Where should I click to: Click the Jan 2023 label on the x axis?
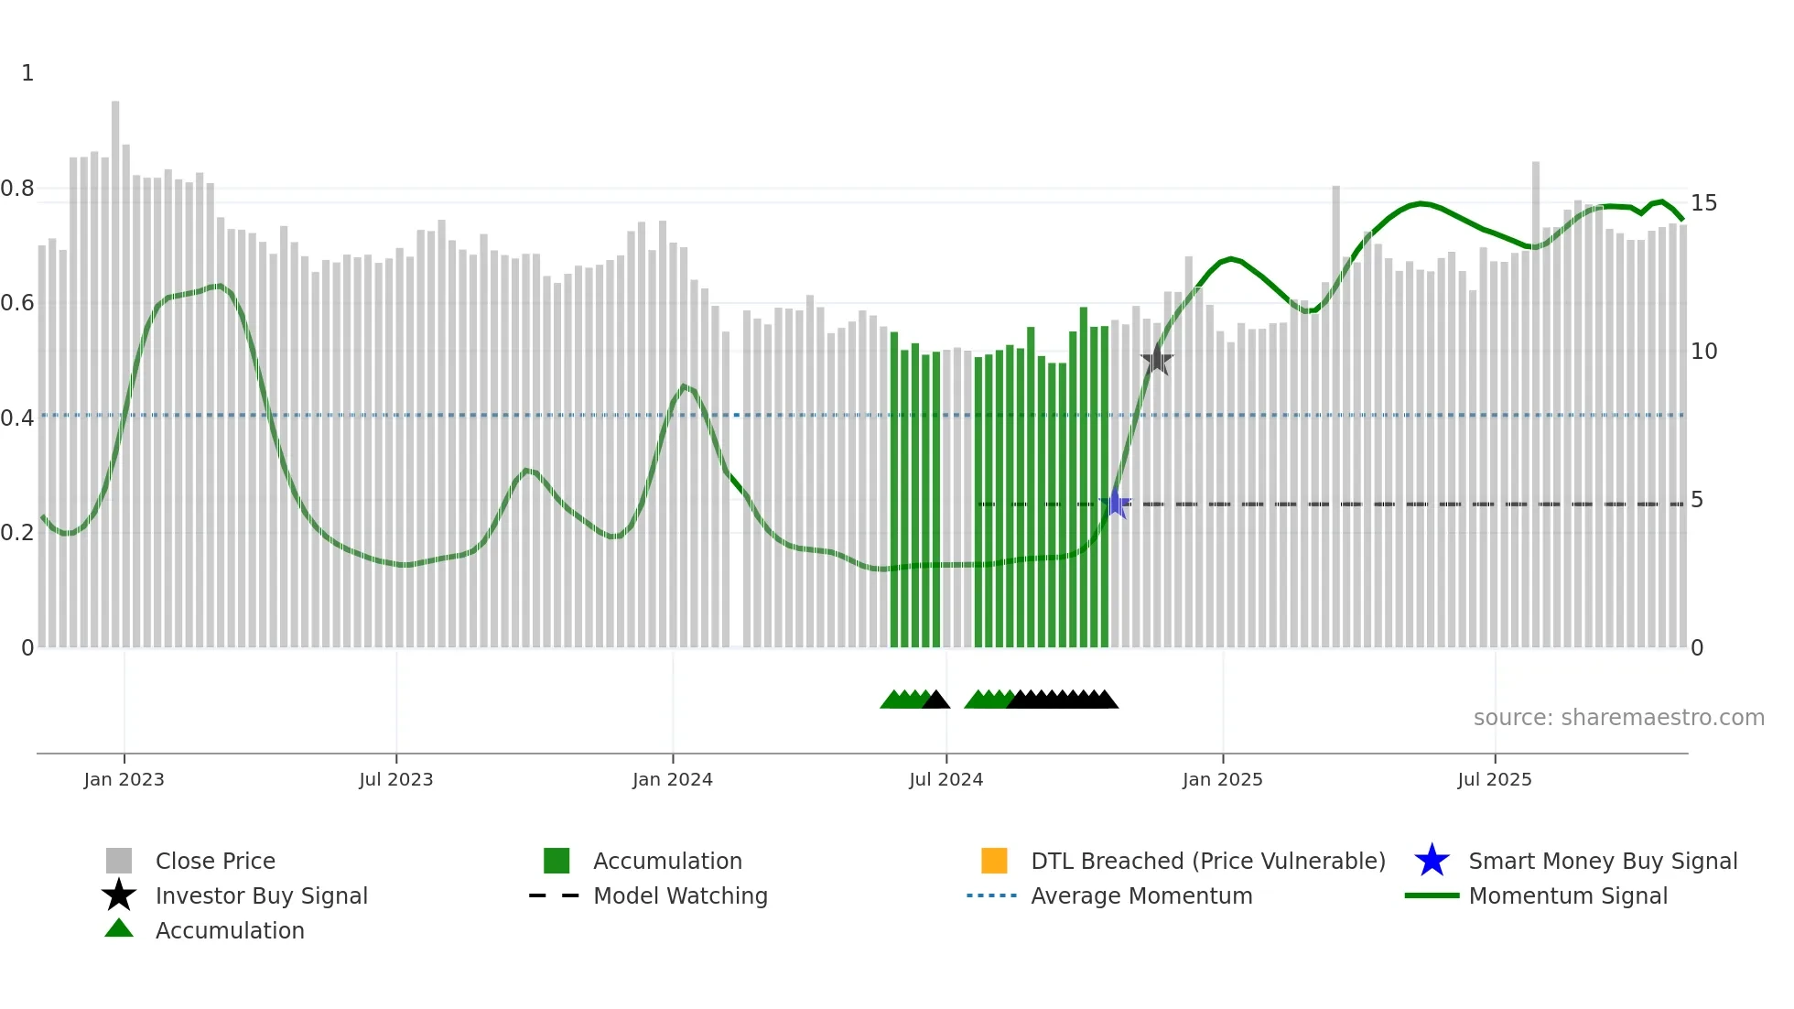coord(124,779)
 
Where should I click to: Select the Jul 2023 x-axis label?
coord(395,779)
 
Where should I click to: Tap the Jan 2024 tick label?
coord(672,779)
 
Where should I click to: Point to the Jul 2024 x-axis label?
coord(946,779)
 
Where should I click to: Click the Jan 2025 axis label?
coord(1222,779)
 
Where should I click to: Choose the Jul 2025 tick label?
coord(1494,779)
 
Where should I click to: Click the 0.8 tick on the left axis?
coord(17,189)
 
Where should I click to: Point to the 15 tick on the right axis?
coord(1703,202)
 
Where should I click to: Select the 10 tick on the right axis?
coord(1703,351)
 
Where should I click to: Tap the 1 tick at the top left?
coord(27,73)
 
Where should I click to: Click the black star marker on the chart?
coord(1157,360)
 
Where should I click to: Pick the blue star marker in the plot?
coord(1116,504)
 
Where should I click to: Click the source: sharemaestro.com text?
coord(1618,718)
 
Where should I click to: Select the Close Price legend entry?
coord(215,861)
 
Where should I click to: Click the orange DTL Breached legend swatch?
coord(994,861)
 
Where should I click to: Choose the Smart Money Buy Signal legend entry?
coord(1602,861)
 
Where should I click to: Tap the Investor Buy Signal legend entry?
coord(261,895)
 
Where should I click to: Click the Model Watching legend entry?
coord(680,895)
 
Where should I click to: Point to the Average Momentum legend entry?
coord(1140,895)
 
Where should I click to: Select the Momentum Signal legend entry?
coord(1567,895)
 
